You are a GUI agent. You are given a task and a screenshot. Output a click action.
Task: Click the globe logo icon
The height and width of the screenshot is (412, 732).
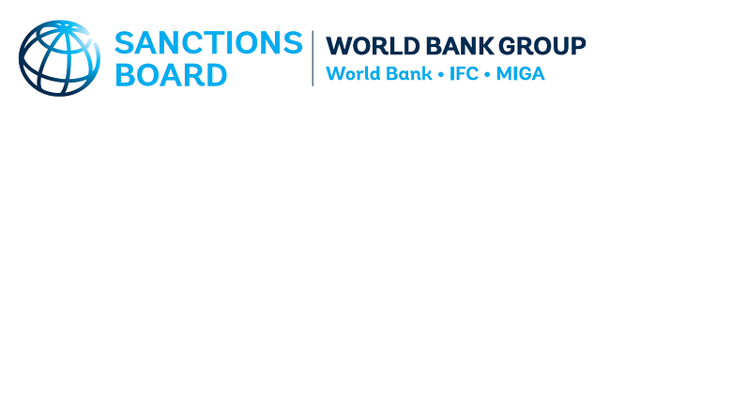point(59,58)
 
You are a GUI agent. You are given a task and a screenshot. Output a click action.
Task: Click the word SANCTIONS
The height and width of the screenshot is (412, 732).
point(208,43)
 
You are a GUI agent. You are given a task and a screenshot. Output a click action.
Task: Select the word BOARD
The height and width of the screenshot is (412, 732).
point(171,75)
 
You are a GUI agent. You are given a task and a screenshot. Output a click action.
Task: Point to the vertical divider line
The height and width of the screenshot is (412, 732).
point(313,58)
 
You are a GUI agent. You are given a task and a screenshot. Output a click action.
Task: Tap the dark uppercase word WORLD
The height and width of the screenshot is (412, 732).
point(373,46)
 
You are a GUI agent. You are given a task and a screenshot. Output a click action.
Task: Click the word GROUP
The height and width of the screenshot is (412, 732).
point(542,46)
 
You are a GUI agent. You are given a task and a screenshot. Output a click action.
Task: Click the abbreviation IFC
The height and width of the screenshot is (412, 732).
point(464,74)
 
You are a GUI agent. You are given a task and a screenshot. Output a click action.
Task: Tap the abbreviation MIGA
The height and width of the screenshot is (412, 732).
point(521,74)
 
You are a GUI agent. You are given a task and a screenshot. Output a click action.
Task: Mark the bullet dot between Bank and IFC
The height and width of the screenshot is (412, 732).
point(441,75)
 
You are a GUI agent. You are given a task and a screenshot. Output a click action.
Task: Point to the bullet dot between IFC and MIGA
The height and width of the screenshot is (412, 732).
point(487,75)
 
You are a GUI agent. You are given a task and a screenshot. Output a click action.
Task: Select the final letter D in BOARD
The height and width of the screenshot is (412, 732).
point(216,75)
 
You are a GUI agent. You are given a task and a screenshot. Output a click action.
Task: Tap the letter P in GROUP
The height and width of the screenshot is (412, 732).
point(578,46)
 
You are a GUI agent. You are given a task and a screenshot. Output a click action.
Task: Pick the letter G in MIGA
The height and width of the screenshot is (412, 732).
point(522,74)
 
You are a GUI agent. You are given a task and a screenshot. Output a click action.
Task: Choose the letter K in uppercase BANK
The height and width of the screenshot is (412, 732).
point(486,46)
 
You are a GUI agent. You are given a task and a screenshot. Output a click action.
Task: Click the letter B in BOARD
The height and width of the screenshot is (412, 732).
point(124,75)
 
